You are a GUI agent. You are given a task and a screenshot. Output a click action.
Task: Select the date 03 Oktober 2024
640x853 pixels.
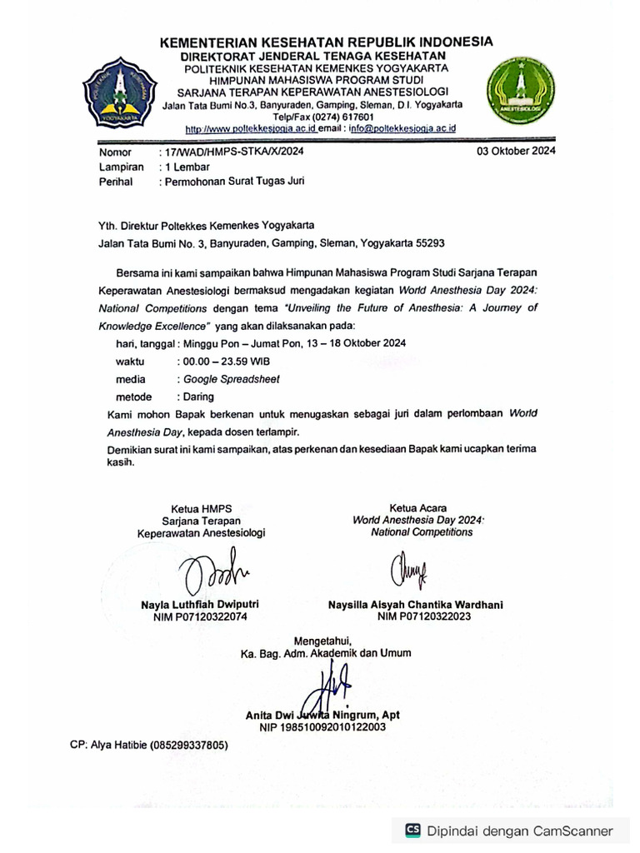pyautogui.click(x=516, y=152)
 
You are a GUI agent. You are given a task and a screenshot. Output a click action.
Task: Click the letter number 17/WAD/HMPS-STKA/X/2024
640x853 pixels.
pyautogui.click(x=232, y=152)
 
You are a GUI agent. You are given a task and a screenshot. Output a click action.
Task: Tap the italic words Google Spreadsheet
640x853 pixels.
pyautogui.click(x=232, y=379)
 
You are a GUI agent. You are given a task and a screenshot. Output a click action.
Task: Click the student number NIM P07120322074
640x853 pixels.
pyautogui.click(x=201, y=617)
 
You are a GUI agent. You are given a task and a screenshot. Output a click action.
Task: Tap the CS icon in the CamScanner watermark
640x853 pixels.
pyautogui.click(x=412, y=830)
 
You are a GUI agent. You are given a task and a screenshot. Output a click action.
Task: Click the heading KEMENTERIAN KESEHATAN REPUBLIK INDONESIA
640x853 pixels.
pyautogui.click(x=326, y=42)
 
